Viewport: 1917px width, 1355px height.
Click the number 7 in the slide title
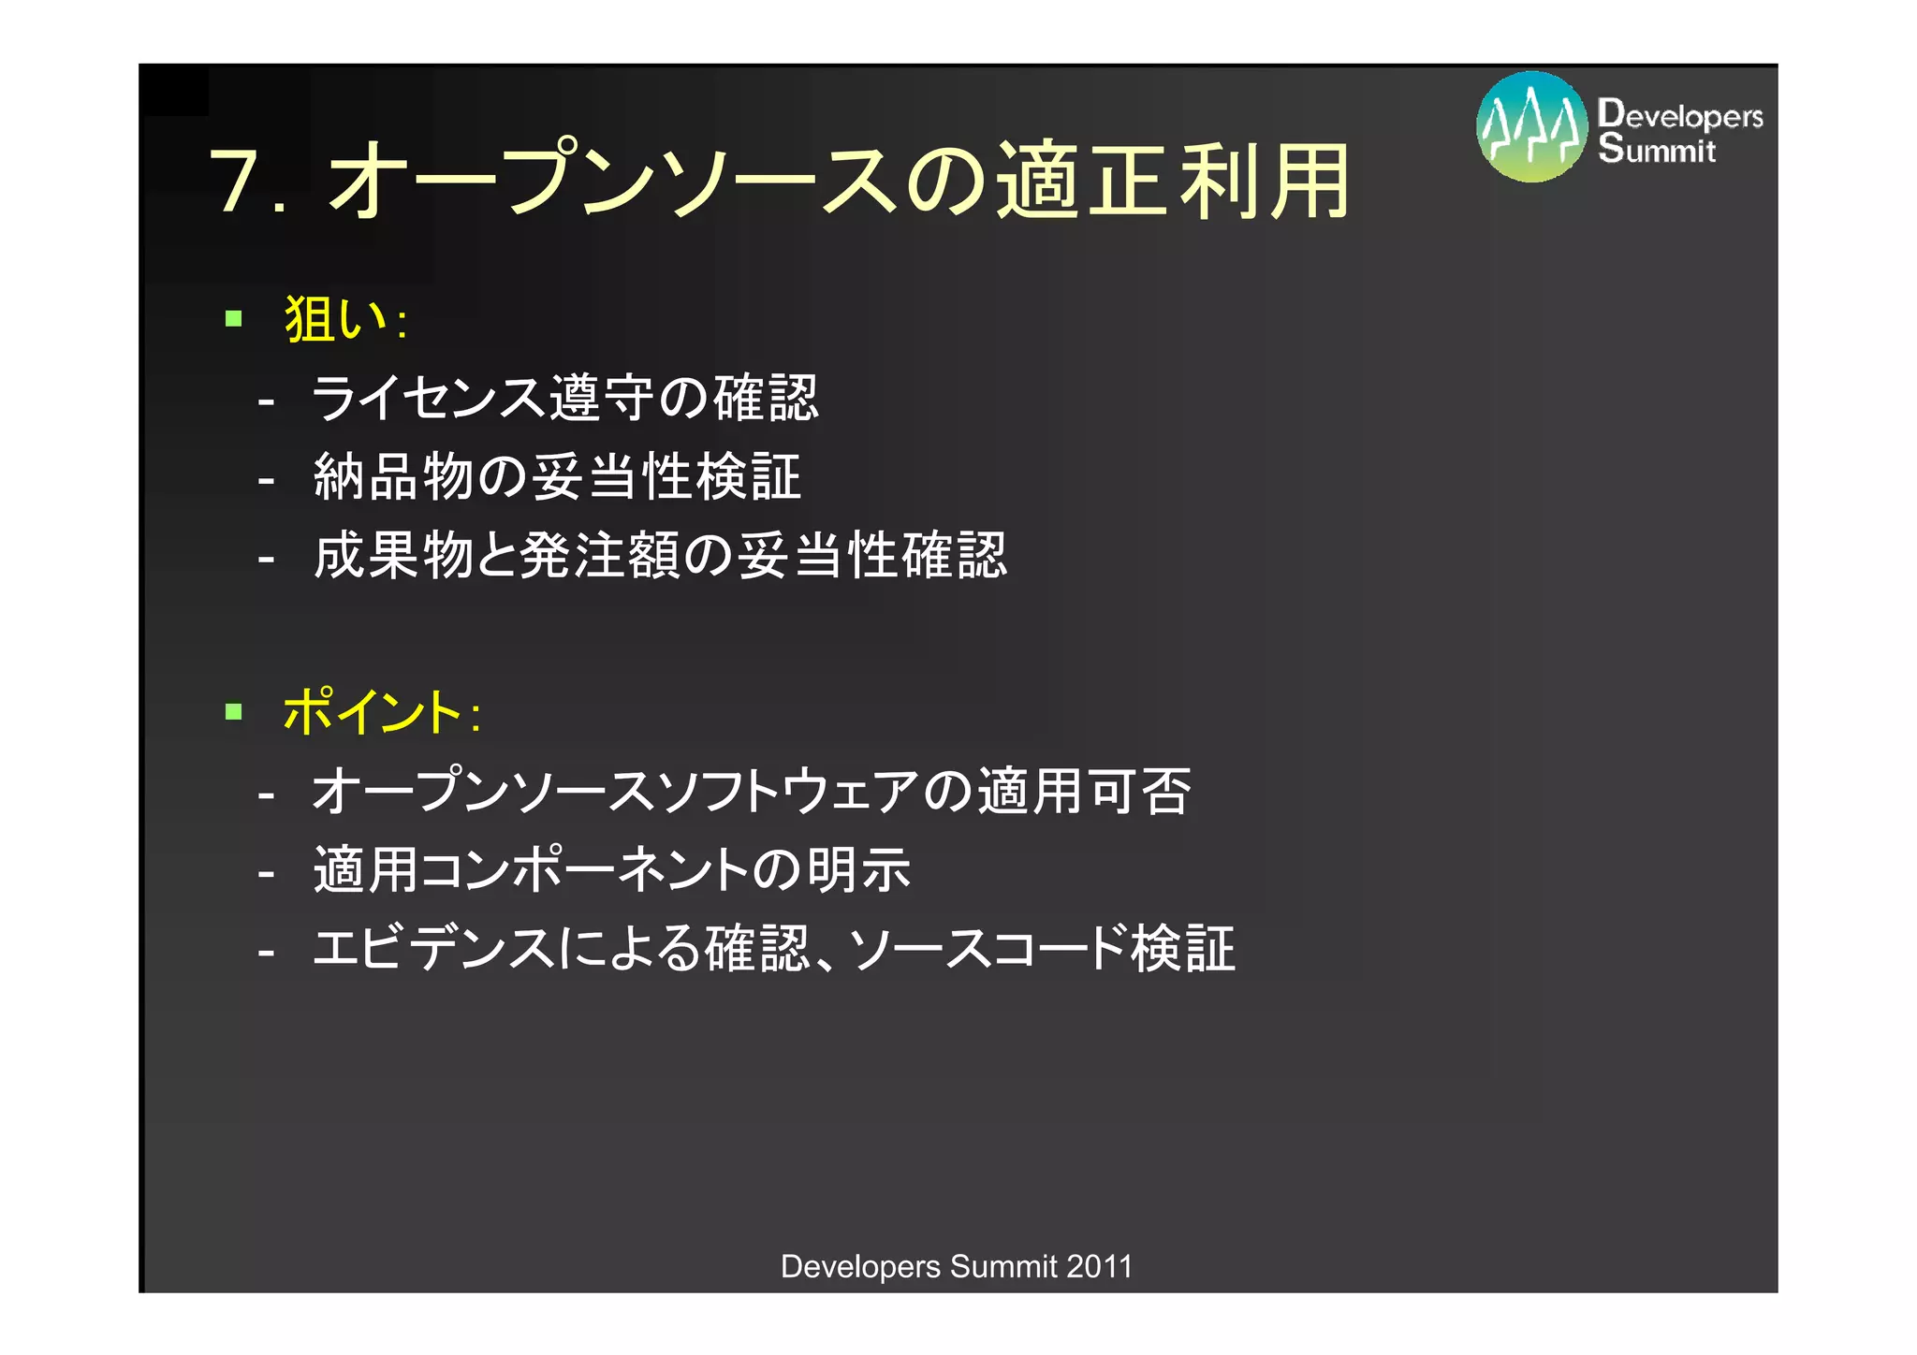click(x=236, y=181)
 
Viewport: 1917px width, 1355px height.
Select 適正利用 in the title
click(x=1173, y=181)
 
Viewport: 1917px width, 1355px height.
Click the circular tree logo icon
click(x=1531, y=127)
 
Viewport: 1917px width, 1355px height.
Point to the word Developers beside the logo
click(x=1680, y=114)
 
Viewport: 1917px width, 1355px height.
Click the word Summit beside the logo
click(x=1657, y=149)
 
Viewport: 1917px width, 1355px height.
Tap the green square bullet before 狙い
click(x=234, y=319)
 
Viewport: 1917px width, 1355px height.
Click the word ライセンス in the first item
click(x=430, y=398)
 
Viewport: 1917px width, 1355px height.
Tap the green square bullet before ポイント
click(x=234, y=712)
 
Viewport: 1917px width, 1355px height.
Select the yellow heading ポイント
click(x=372, y=712)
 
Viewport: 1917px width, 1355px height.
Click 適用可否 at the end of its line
click(x=1084, y=791)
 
